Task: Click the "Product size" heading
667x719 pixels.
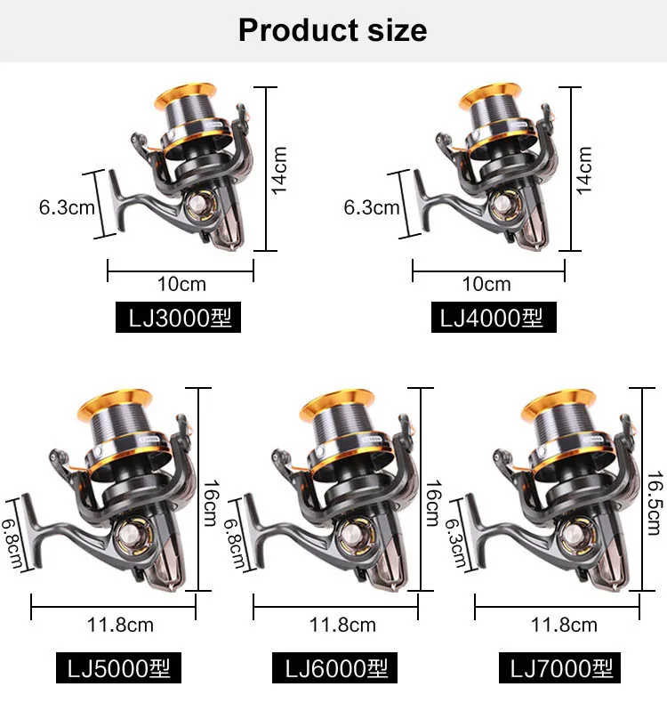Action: click(333, 30)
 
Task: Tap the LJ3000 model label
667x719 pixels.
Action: click(178, 318)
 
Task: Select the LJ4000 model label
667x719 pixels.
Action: click(494, 318)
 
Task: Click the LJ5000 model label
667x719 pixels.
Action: click(119, 667)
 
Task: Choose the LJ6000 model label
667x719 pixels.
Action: click(334, 667)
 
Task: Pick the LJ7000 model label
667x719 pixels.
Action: click(559, 667)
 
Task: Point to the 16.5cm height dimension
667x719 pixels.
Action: click(655, 503)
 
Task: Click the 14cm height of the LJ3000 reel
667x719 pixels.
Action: click(279, 171)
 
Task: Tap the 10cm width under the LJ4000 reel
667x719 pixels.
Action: click(486, 284)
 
